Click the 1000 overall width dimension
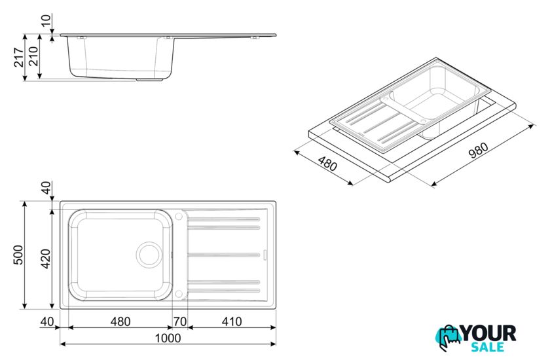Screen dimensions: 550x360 coord(168,338)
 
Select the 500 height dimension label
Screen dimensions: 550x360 coord(18,255)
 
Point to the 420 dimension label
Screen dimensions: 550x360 coord(46,259)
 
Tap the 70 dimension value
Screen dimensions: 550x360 coord(180,321)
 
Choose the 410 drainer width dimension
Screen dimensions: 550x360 coord(232,321)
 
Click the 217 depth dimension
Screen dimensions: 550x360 coord(18,57)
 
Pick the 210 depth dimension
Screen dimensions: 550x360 coord(33,56)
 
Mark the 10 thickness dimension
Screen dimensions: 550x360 coord(46,20)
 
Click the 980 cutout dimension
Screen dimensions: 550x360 coord(479,150)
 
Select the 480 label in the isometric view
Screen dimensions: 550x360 coord(327,164)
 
